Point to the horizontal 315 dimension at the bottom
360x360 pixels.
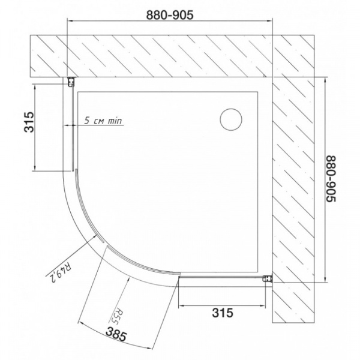pyautogui.click(x=222, y=312)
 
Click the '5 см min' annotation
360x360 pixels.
pyautogui.click(x=103, y=121)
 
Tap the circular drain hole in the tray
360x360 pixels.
pyautogui.click(x=231, y=119)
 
